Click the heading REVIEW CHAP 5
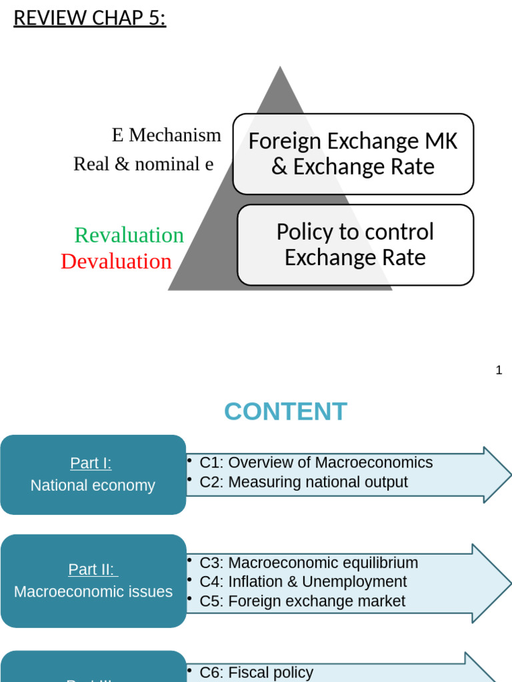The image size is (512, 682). tap(89, 18)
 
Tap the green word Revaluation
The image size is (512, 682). tap(129, 235)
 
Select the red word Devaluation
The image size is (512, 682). tap(116, 261)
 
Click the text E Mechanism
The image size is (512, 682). tap(166, 135)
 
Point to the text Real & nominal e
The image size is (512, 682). tap(143, 164)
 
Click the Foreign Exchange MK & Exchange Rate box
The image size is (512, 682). tap(353, 154)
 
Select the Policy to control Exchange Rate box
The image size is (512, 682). tap(355, 244)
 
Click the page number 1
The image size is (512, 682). tap(499, 370)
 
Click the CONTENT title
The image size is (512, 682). tap(285, 412)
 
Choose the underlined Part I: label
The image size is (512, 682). tap(91, 463)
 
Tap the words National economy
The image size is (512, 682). tap(93, 486)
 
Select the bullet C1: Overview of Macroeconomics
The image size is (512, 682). tap(315, 462)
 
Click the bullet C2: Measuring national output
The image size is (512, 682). tap(303, 482)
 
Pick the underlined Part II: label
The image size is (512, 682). tap(92, 569)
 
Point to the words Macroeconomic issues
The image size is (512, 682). tap(93, 591)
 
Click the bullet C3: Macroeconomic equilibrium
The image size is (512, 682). tap(309, 563)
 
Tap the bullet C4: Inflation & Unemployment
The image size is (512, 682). tap(303, 581)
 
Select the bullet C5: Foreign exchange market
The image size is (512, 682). tap(302, 601)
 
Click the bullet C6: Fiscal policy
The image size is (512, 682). tap(256, 673)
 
